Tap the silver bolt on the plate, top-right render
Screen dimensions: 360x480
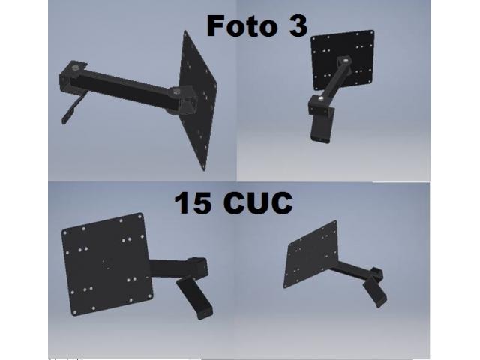tap(346, 59)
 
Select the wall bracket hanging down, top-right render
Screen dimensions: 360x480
tap(321, 127)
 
